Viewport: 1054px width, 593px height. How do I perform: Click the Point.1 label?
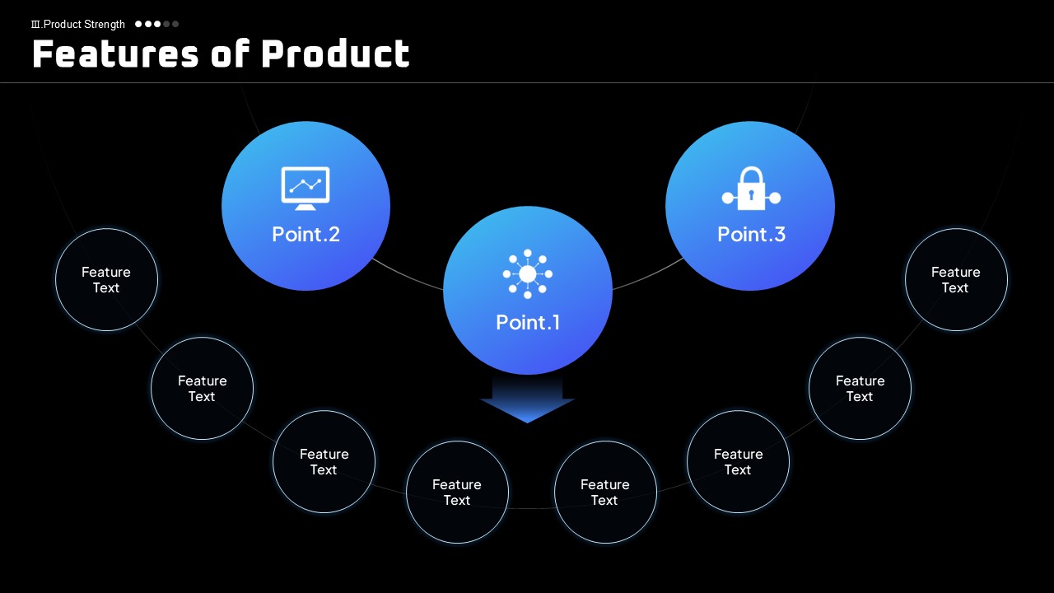(528, 322)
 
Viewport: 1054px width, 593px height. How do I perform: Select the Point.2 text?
(305, 235)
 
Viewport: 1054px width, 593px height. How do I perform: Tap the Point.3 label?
(752, 235)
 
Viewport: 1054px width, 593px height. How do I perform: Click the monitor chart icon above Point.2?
(305, 189)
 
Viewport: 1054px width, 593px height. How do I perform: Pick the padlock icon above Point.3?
(752, 189)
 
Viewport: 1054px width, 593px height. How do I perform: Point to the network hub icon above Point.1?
(528, 274)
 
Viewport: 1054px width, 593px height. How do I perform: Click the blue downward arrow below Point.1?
(528, 399)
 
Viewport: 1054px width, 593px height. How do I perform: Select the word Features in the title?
(116, 54)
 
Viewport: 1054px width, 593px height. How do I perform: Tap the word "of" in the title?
(231, 54)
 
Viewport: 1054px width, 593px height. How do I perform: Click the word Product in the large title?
(335, 54)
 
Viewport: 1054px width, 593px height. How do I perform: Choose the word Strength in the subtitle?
(105, 25)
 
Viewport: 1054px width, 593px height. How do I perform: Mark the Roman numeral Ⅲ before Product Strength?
(35, 25)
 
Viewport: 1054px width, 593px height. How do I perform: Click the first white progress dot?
(138, 24)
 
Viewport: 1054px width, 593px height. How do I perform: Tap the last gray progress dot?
(175, 24)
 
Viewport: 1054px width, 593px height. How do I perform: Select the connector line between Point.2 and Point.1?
(407, 276)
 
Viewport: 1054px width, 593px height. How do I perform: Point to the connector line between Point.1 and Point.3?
(648, 276)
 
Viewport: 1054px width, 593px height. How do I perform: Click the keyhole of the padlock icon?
(752, 194)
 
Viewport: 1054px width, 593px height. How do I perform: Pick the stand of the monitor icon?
(305, 207)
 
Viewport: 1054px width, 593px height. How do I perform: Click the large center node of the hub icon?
(528, 274)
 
